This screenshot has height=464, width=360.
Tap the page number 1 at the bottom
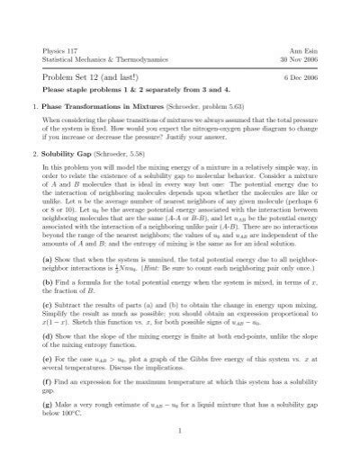click(x=180, y=456)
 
